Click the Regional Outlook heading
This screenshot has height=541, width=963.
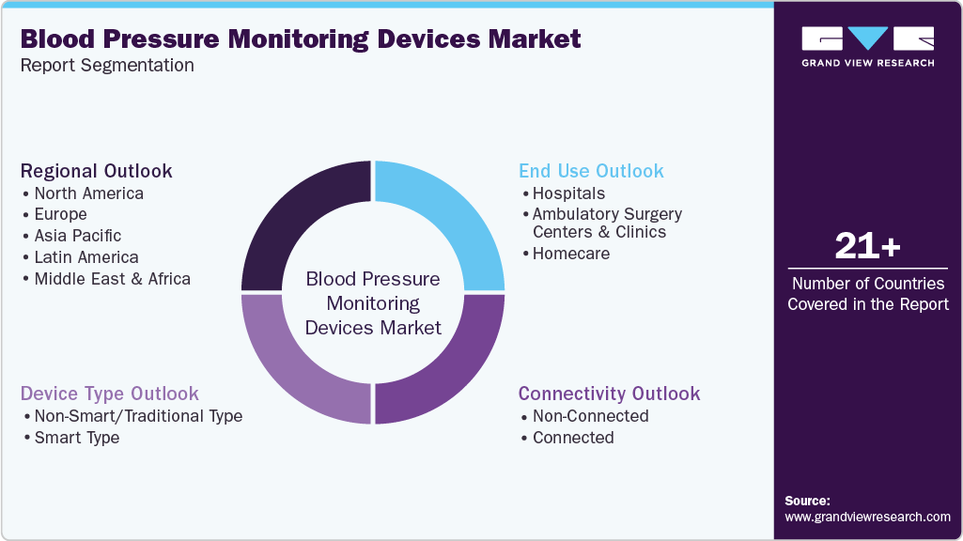click(x=96, y=171)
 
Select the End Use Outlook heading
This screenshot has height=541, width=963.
click(x=591, y=171)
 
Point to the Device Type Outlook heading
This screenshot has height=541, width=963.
click(x=109, y=394)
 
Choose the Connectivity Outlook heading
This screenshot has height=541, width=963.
click(x=609, y=394)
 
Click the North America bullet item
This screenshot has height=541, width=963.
click(x=88, y=193)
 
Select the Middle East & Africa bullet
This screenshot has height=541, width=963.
click(x=112, y=278)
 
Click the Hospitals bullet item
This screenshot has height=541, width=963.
click(x=568, y=193)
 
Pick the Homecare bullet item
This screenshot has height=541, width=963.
click(x=570, y=254)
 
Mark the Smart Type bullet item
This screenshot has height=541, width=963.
click(x=76, y=438)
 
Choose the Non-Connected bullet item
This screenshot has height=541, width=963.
click(x=590, y=416)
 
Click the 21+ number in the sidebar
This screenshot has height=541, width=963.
click(x=867, y=246)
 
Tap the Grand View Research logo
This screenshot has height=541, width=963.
click(x=867, y=46)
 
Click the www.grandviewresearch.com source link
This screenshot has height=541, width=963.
click(x=867, y=517)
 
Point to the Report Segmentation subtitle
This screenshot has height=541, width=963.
click(x=106, y=66)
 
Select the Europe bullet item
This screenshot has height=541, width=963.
click(x=60, y=214)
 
